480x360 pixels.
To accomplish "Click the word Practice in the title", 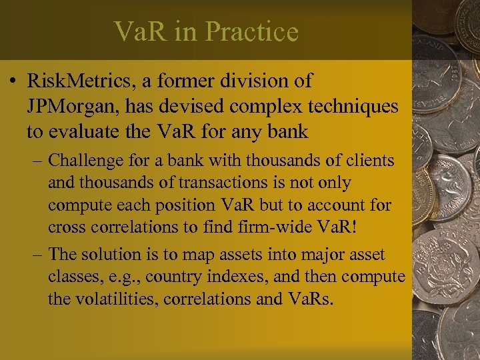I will click(252, 31).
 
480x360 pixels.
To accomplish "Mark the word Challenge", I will click(85, 161).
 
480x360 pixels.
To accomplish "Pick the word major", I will click(315, 254).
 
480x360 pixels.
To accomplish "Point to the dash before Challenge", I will click(40, 161).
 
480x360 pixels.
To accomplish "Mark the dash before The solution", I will click(40, 255).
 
